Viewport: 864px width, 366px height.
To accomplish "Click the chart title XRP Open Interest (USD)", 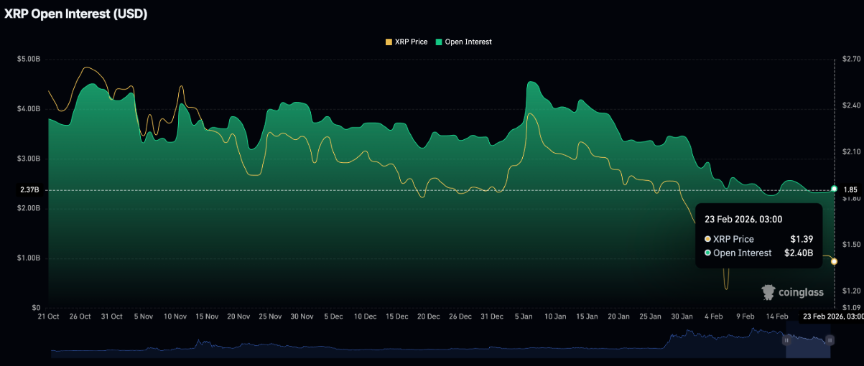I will [75, 14].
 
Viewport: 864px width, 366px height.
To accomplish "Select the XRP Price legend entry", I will [407, 42].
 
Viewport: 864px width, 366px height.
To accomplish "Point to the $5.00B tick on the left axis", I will [28, 59].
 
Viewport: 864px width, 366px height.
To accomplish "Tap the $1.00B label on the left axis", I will [28, 258].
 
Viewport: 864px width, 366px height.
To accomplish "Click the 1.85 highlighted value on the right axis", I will [850, 190].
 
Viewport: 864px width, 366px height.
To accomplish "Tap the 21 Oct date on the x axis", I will [48, 316].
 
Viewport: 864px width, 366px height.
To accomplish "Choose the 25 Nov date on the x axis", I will [270, 316].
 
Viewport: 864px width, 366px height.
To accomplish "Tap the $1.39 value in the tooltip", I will [802, 239].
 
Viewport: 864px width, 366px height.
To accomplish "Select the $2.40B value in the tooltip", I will [798, 253].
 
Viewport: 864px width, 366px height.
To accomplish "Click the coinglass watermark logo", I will [791, 292].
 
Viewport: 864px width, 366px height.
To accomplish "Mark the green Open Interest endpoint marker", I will [834, 188].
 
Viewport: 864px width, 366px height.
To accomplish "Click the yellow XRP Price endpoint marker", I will [834, 261].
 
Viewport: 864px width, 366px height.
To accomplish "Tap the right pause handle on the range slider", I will [830, 340].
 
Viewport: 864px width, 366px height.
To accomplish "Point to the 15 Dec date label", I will [397, 316].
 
